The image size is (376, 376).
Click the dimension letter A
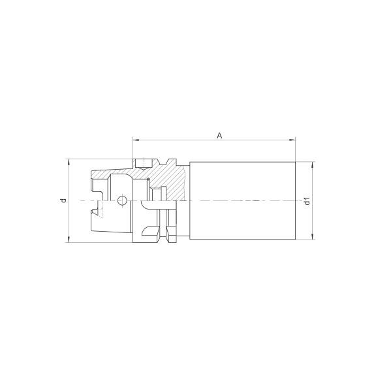(220, 135)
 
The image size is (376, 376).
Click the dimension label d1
(306, 201)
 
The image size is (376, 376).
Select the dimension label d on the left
(63, 200)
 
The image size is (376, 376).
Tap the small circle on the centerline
(121, 200)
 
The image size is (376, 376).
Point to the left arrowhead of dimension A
(134, 139)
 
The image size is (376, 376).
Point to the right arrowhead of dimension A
(294, 139)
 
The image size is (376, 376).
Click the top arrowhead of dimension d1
(312, 163)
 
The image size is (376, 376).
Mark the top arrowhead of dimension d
(69, 160)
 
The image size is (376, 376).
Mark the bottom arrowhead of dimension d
(69, 242)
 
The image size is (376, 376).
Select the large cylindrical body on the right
(243, 200)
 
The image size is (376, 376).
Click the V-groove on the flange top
(167, 162)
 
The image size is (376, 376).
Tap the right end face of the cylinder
(296, 200)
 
